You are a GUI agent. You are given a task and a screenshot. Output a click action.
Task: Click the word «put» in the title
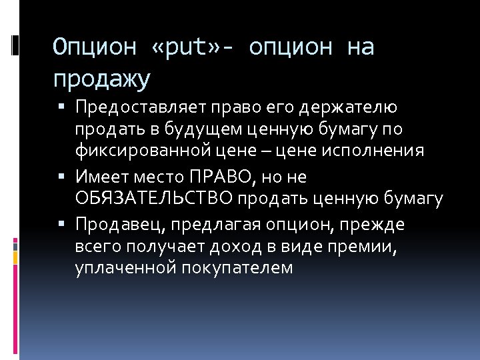click(194, 48)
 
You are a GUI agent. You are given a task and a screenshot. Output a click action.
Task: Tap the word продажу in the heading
click(102, 80)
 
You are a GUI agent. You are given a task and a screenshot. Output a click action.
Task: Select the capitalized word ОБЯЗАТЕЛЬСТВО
click(154, 199)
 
